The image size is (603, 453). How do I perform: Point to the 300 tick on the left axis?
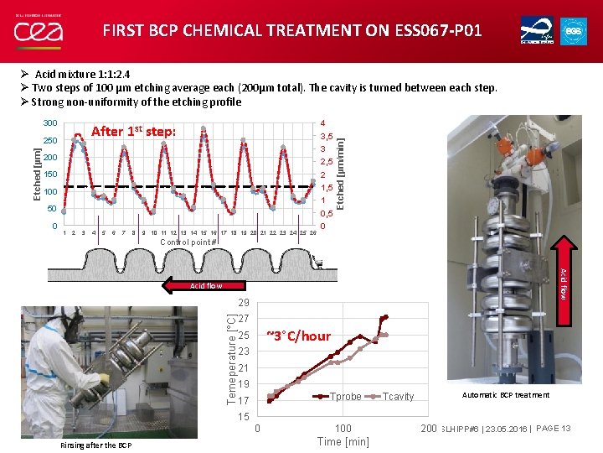(49, 123)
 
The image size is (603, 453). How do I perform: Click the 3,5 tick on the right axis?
(327, 136)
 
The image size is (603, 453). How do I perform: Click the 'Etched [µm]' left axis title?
(36, 174)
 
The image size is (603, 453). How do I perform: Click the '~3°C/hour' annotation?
(298, 336)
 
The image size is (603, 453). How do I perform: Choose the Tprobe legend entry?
(337, 397)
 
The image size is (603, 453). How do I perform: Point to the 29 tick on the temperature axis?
(243, 302)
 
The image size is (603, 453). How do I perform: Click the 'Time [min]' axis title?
(343, 442)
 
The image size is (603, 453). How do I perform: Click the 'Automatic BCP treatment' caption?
(506, 395)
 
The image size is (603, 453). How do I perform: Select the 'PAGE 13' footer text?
(554, 429)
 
